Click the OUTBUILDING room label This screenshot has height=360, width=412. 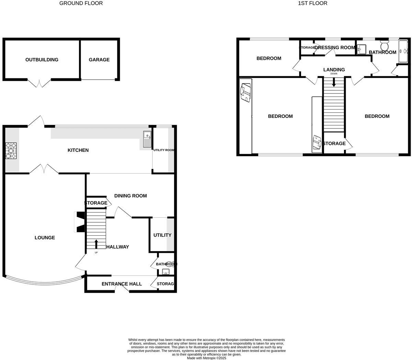pos(42,60)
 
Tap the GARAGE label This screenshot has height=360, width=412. pos(99,60)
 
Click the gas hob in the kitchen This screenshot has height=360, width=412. pos(11,151)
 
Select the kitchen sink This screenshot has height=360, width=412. pos(147,139)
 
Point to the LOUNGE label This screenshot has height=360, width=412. pos(45,238)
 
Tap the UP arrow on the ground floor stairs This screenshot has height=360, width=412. pos(96,244)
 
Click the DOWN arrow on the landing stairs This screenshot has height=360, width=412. pos(334,82)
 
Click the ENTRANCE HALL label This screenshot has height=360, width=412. pos(122,284)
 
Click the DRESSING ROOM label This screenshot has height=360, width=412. pos(335,47)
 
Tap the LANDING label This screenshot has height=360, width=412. pos(334,70)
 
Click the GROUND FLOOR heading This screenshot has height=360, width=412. pos(81,3)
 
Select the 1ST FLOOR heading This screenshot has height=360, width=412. pos(313,3)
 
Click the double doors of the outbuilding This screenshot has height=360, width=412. pos(39,83)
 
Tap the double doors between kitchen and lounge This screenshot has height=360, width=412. pos(44,168)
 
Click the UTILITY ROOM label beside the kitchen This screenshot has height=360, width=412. pos(164,150)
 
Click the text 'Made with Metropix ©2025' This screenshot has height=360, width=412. pos(206,358)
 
